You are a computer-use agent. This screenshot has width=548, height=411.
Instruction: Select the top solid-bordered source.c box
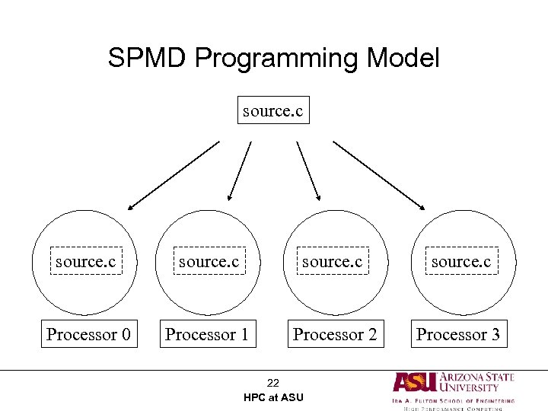coord(272,111)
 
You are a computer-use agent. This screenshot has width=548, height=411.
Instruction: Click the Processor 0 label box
coord(88,334)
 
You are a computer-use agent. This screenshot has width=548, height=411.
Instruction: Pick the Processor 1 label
coord(207,334)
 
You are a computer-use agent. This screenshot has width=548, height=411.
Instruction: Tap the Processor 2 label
coord(335,334)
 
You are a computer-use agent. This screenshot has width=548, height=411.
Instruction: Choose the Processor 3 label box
coord(458,334)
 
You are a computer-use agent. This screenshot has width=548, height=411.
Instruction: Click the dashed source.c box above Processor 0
coord(85,261)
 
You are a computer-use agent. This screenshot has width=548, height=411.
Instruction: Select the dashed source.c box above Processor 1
coord(209,261)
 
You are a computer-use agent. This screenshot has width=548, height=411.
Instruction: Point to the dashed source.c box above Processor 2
coord(333,261)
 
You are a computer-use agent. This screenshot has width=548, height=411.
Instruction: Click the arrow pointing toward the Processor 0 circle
coord(173,174)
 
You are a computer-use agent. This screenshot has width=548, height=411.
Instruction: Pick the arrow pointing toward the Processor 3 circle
coord(378,174)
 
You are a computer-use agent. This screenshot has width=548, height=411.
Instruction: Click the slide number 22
coord(273,383)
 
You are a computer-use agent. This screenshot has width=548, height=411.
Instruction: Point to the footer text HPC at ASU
coord(273,397)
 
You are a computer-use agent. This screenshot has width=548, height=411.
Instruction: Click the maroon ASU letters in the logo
coord(415,382)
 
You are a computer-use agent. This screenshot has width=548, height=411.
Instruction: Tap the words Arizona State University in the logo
coord(477,382)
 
